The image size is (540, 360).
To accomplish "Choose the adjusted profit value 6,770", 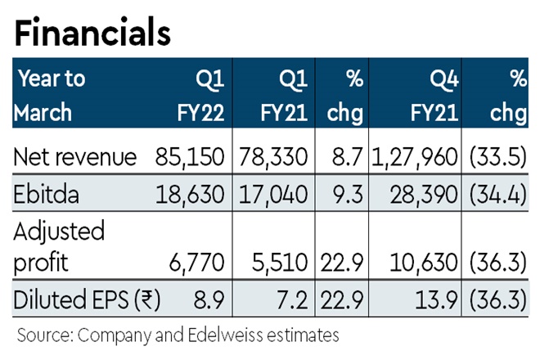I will click(x=201, y=261).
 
